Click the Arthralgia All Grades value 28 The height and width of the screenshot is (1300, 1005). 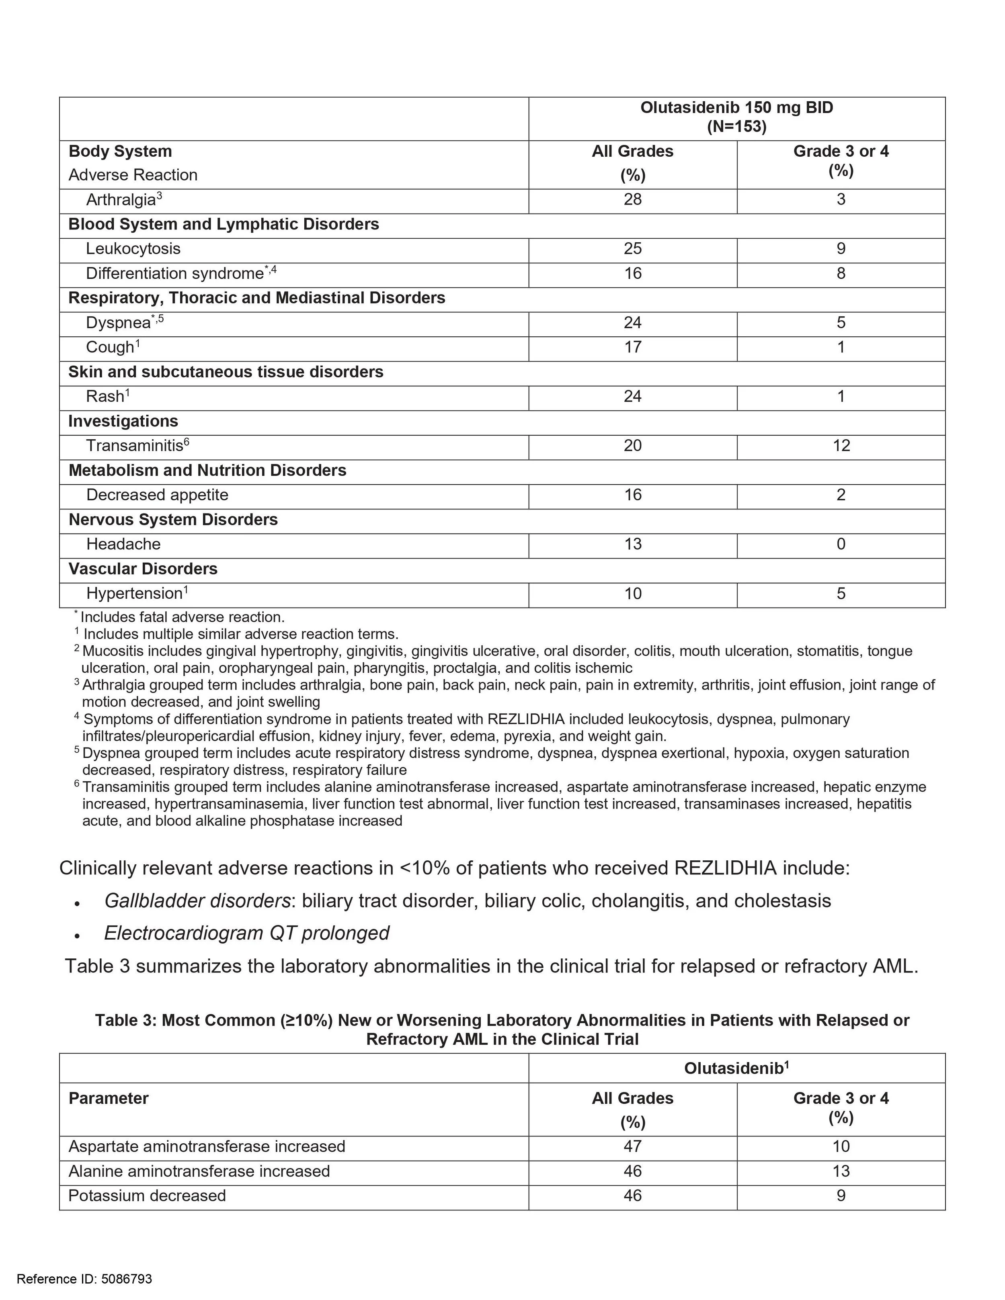[x=632, y=199]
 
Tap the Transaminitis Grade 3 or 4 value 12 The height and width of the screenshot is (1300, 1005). [x=841, y=446]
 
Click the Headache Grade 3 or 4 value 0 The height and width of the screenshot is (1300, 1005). [x=841, y=544]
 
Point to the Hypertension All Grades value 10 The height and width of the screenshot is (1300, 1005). [x=632, y=594]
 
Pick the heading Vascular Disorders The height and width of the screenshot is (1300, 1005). [x=143, y=569]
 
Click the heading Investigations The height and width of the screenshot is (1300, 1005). [x=123, y=422]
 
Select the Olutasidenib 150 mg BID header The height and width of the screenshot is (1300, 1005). [x=736, y=108]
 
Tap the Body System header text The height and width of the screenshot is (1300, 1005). [x=120, y=151]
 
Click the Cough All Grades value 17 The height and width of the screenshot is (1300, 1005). [x=632, y=347]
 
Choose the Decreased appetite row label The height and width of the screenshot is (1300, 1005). [x=157, y=495]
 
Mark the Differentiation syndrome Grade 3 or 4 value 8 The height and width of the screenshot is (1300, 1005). [x=841, y=273]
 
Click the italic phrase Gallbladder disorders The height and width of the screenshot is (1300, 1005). [x=197, y=901]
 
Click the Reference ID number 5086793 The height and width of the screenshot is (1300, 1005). [x=126, y=1279]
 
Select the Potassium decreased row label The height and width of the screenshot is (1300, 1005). [x=147, y=1196]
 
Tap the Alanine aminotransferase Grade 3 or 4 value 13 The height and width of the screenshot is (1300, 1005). [x=841, y=1171]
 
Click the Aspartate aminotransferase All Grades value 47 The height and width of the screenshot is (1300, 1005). [x=632, y=1146]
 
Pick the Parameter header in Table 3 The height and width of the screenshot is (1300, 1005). [x=109, y=1098]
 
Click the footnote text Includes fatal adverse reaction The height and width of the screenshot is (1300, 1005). [x=182, y=617]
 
